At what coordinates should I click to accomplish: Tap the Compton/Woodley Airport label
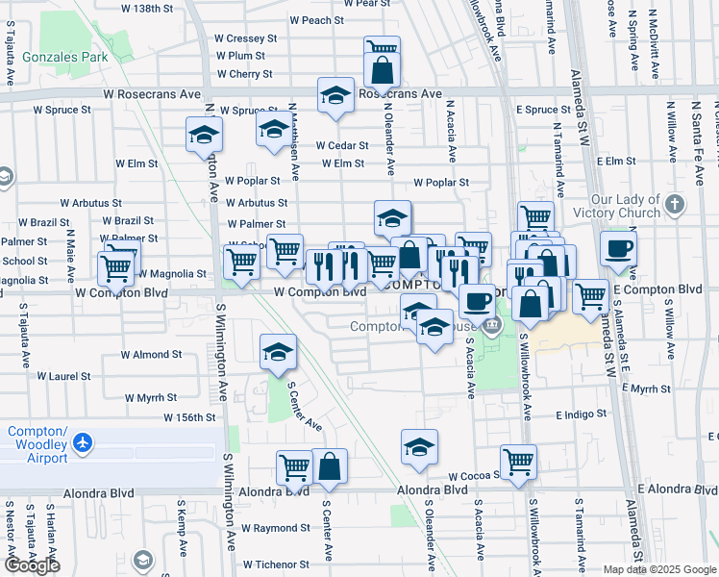coord(37,443)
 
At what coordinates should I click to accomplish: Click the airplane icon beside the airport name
coord(84,443)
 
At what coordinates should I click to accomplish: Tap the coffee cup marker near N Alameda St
coord(619,248)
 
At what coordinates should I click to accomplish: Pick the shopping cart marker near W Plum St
coord(382,48)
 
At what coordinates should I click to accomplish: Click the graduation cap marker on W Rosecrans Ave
coord(335,95)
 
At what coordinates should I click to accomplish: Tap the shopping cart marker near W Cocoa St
coord(518,461)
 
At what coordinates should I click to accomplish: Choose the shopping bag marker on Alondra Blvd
coord(329,465)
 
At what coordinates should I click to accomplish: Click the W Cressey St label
coord(245,38)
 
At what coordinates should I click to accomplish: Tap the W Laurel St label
coord(65,377)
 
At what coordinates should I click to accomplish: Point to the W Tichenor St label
coord(276,564)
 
